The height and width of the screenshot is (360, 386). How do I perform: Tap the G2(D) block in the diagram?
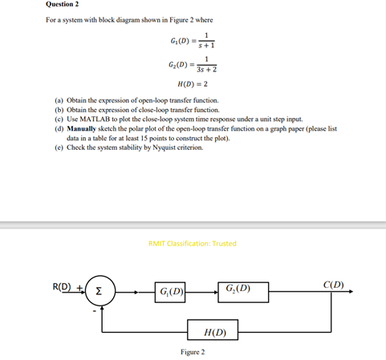(242, 289)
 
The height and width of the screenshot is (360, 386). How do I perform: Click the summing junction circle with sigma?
(100, 289)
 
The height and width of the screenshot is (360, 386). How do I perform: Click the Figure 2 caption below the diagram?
(193, 351)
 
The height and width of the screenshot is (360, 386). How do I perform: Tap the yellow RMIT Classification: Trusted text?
(193, 244)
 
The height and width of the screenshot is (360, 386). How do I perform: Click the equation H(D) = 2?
(193, 83)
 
